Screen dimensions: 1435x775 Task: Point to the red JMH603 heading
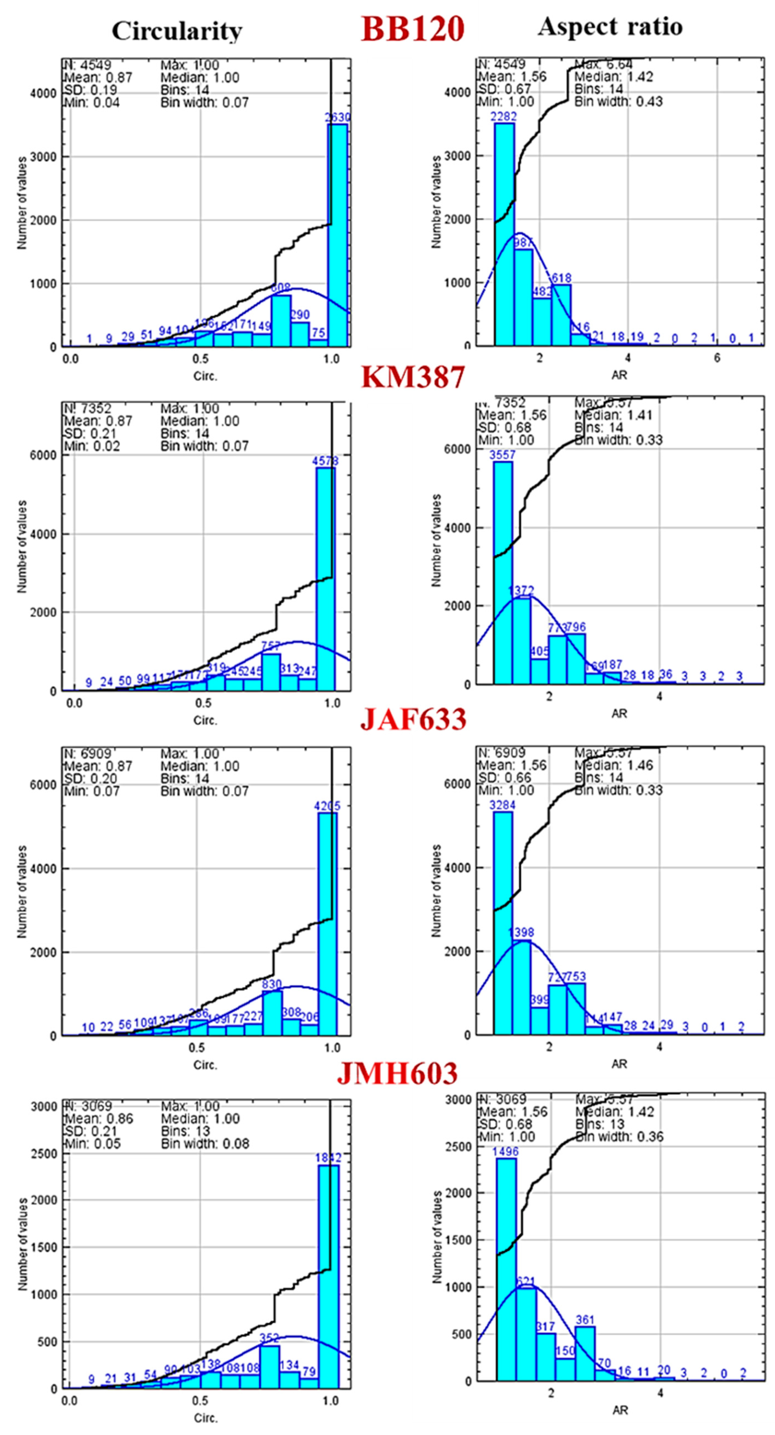[397, 1073]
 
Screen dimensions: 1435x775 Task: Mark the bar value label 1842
[328, 1158]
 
